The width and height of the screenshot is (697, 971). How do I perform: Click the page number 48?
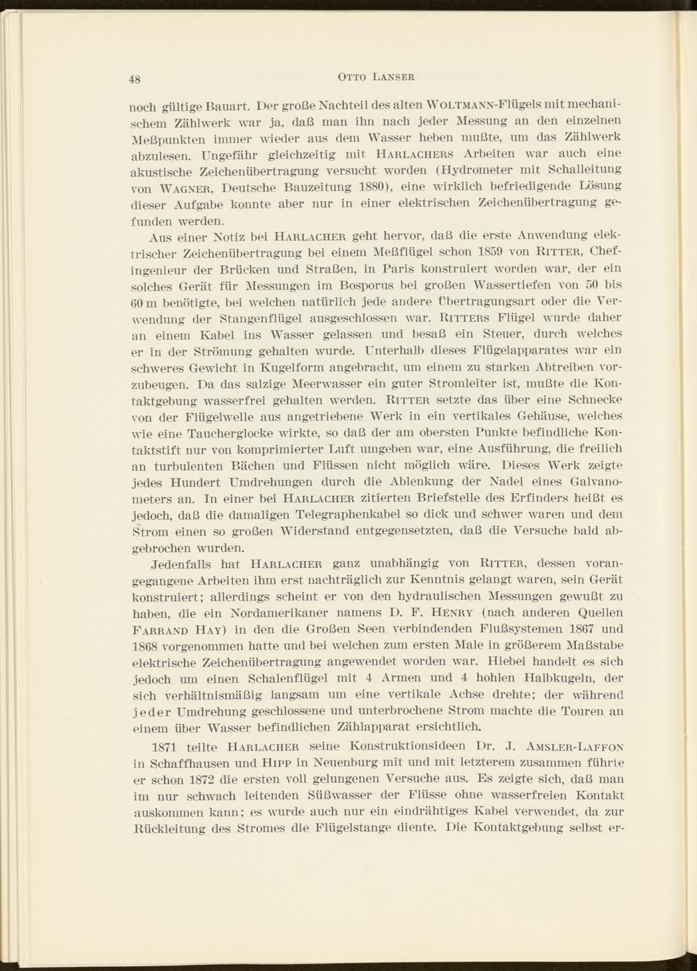click(135, 78)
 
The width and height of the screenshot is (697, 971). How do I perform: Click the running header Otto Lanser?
click(376, 76)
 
